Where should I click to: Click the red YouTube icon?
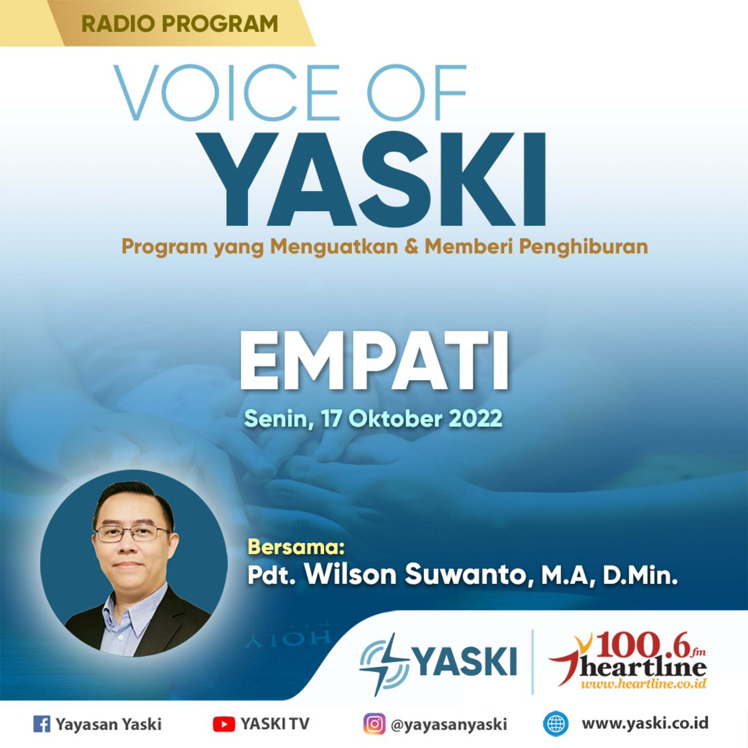224,724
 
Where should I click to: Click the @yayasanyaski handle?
449,724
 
